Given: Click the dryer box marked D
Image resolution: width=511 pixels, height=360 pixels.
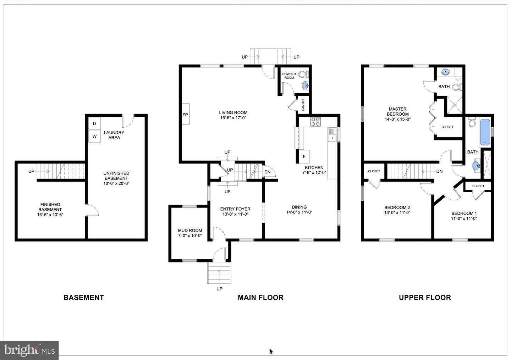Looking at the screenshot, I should [94, 123].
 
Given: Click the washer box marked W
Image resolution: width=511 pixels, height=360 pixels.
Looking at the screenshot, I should [94, 136].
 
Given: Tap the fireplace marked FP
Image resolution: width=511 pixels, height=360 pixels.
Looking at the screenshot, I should [185, 115].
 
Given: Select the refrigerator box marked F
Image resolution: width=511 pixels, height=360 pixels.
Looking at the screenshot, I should [304, 156].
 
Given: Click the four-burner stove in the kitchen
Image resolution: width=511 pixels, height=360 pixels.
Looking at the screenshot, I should [315, 122].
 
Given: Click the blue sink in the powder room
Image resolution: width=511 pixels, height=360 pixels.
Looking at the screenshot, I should [305, 85].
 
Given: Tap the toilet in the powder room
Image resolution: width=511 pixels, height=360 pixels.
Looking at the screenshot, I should [303, 74].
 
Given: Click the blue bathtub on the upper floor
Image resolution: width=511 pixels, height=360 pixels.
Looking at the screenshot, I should [485, 133].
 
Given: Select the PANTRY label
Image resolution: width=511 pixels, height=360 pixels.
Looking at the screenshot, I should [303, 105].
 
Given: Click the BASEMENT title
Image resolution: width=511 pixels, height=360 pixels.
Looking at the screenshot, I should [84, 298].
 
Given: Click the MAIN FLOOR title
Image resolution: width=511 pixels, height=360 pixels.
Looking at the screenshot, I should [260, 298].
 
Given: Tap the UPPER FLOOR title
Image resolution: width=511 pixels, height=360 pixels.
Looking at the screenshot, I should [425, 298].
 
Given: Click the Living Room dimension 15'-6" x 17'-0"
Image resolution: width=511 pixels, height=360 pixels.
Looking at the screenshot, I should [233, 118].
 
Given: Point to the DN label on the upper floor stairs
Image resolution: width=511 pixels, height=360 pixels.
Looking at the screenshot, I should [439, 171].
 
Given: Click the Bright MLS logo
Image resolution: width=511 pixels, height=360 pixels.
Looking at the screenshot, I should [29, 350].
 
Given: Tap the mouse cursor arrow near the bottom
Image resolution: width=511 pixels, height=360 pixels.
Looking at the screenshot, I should [271, 351].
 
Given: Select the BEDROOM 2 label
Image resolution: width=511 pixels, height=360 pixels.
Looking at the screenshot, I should [397, 207].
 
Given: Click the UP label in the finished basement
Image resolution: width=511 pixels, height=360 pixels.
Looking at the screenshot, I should [31, 171].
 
